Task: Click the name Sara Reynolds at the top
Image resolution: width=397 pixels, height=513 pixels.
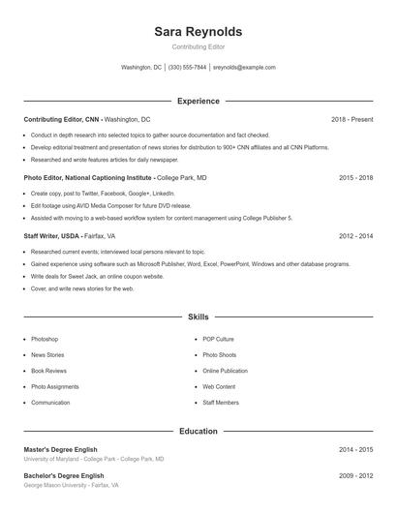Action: pos(198,31)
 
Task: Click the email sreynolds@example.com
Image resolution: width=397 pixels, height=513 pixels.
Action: pos(244,68)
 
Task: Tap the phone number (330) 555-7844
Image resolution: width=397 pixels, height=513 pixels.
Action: pos(188,68)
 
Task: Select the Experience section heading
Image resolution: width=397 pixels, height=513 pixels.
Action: pos(198,101)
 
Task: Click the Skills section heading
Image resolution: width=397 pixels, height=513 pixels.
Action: pos(198,317)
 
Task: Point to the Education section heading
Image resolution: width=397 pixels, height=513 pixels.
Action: pos(198,431)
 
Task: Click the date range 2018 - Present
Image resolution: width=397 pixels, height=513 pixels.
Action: pos(351,119)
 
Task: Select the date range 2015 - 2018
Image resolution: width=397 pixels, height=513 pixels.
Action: pos(356,178)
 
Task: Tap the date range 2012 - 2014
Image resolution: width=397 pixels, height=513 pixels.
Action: pos(356,236)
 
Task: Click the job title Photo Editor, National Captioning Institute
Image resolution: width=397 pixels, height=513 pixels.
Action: pos(88,178)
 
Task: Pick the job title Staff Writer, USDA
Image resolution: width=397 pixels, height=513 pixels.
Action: pos(51,236)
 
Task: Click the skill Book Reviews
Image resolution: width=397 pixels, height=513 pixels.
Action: pos(48,371)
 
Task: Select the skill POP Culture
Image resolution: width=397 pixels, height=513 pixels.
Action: pos(218,340)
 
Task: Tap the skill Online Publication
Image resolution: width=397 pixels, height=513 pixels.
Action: pos(225,371)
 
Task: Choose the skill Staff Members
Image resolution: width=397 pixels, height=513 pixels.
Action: pos(220,403)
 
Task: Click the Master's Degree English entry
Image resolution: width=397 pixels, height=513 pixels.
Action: pos(60,450)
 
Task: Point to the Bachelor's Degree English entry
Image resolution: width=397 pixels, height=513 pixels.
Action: pos(63,476)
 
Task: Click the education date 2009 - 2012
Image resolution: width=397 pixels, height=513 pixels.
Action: pos(356,476)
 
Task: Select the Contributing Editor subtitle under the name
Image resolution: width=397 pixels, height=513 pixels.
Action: pos(198,47)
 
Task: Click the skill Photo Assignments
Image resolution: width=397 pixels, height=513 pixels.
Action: pos(54,386)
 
